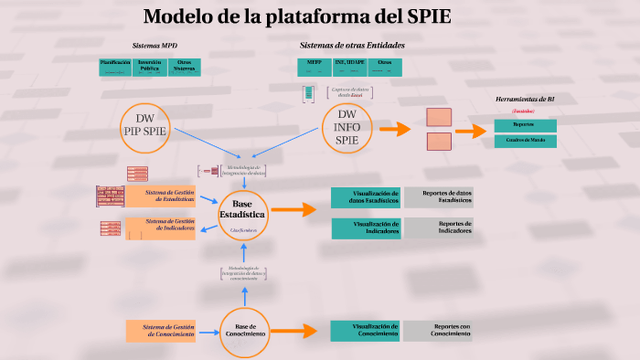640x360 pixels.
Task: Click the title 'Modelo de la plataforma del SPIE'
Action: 296,17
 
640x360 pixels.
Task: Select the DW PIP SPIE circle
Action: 145,126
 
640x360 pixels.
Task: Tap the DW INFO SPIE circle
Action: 347,128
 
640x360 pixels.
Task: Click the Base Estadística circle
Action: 243,211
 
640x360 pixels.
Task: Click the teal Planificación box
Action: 114,67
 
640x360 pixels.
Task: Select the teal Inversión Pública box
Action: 149,67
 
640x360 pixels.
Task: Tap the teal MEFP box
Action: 314,67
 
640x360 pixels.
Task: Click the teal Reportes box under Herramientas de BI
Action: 525,124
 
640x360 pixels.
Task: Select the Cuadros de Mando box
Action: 525,141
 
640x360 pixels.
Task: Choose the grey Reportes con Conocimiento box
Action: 439,330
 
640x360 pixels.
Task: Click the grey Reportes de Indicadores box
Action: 439,228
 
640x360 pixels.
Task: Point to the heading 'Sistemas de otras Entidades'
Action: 352,45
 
